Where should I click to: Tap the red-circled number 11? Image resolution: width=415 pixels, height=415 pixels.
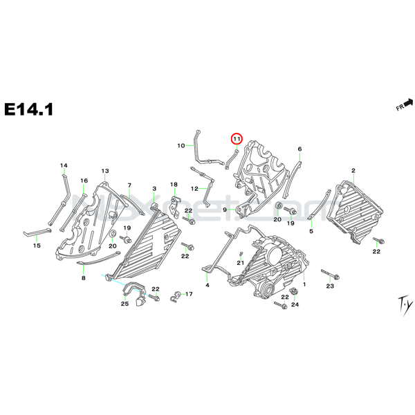coord(237,139)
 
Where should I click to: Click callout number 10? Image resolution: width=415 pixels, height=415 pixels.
coord(181,146)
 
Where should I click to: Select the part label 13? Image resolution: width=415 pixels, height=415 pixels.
coord(106,171)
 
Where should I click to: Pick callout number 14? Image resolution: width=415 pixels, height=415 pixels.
coord(64,165)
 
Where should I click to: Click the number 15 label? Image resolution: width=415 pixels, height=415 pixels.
coord(37,246)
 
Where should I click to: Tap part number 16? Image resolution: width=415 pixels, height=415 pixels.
coord(84,181)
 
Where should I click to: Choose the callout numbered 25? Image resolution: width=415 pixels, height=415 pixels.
coord(125,304)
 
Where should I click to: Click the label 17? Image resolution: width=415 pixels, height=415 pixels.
coord(190,295)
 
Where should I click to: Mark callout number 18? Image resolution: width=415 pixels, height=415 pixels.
coord(174,185)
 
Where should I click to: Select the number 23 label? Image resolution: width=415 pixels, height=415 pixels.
coord(330,286)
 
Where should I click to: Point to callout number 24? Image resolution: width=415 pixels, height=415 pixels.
coord(294,304)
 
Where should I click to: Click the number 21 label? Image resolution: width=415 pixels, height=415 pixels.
coord(241,263)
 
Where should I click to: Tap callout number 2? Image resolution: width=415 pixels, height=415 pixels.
coord(353,170)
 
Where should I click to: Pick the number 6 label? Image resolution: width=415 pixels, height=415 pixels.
coord(299,149)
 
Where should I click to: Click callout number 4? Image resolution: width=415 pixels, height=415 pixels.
coord(207,285)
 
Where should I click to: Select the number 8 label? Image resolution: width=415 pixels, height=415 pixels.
coord(84,277)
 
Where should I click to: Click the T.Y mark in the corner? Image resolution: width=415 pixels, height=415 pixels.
coord(384,302)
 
